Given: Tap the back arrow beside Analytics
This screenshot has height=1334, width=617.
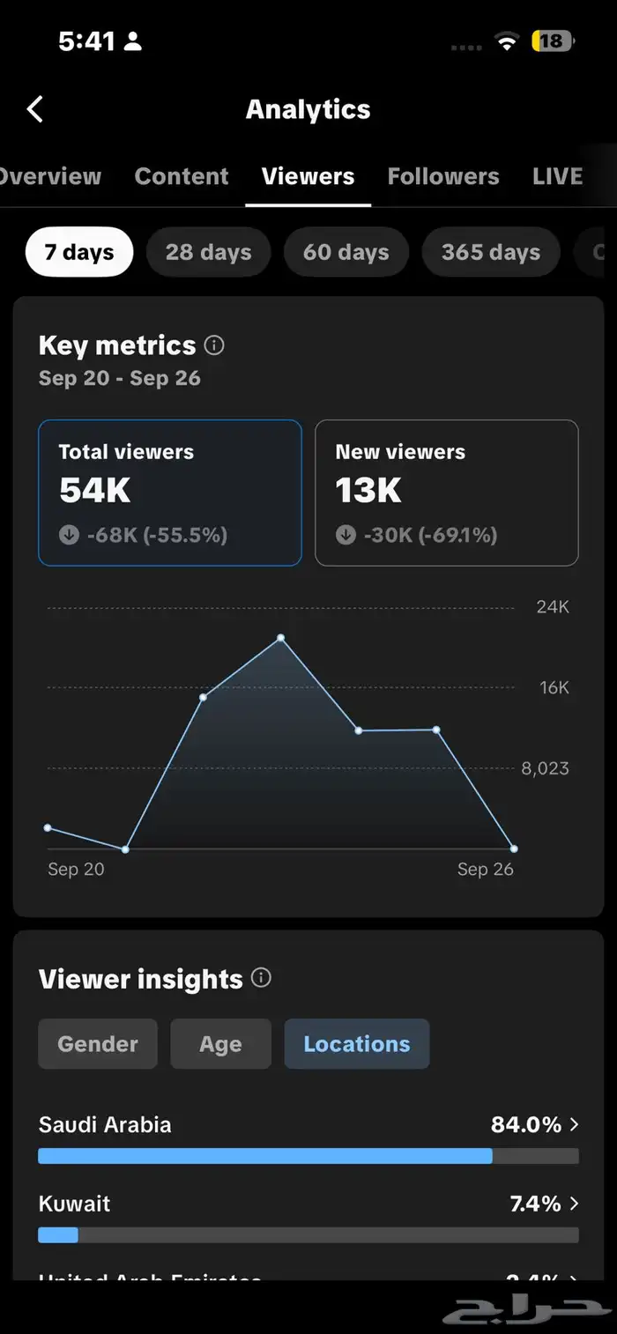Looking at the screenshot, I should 35,109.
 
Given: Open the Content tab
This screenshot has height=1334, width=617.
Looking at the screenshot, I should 182,176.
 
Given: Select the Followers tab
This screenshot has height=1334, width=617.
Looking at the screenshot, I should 443,176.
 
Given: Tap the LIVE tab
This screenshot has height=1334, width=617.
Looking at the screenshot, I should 557,176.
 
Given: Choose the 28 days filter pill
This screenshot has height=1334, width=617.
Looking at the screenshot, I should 208,252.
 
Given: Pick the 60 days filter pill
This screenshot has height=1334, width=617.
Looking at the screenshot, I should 346,252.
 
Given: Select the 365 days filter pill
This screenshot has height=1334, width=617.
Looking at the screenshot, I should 490,252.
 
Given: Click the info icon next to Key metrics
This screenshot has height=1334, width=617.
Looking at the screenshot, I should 214,345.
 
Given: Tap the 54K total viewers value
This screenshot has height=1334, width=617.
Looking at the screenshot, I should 95,491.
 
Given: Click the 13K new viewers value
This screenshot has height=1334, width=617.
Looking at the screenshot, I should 368,491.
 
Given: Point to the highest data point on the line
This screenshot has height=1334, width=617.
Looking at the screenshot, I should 280,637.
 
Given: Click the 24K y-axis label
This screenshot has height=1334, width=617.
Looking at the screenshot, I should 553,607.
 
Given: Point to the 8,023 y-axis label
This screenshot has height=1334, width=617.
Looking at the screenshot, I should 545,768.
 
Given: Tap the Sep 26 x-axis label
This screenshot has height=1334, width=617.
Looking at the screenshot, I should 485,869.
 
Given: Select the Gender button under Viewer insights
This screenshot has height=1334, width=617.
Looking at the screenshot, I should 98,1044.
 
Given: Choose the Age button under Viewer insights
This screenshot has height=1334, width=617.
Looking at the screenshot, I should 220,1044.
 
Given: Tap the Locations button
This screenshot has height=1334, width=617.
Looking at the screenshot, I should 357,1044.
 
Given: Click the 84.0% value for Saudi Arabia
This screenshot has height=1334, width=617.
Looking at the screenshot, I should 526,1124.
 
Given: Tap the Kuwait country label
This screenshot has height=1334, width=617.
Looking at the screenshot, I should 75,1204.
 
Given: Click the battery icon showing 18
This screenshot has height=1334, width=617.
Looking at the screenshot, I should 552,41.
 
